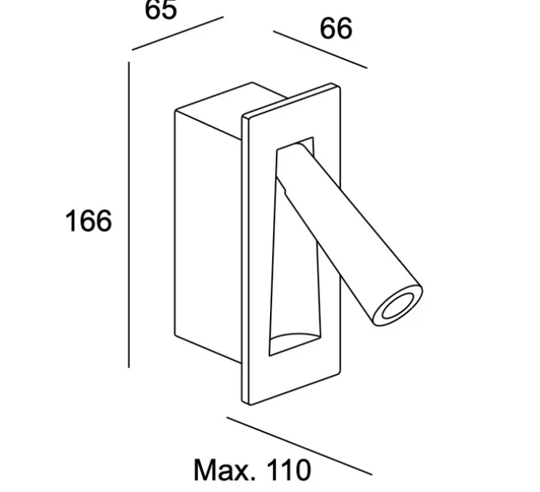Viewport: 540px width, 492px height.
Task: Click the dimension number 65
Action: pyautogui.click(x=161, y=9)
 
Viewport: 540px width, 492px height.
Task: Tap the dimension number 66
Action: pyautogui.click(x=336, y=28)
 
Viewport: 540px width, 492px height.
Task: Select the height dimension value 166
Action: pyautogui.click(x=89, y=221)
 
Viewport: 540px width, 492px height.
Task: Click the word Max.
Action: pyautogui.click(x=224, y=470)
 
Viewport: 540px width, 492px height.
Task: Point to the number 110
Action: pyautogui.click(x=289, y=470)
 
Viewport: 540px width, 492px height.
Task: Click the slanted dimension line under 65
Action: pyautogui.click(x=178, y=33)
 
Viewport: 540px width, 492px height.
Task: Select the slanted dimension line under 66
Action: pyautogui.click(x=320, y=50)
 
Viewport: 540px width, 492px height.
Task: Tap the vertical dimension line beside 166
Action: pyautogui.click(x=128, y=215)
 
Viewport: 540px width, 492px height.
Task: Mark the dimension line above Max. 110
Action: pyautogui.click(x=299, y=446)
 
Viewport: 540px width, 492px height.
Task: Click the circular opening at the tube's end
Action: pyautogui.click(x=398, y=306)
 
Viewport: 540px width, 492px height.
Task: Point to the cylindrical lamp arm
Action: pyautogui.click(x=348, y=234)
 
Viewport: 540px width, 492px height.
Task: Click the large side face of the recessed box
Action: pyautogui.click(x=208, y=227)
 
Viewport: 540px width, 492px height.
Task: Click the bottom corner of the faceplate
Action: pyautogui.click(x=250, y=404)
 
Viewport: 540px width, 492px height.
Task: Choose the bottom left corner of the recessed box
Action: pyautogui.click(x=176, y=335)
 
